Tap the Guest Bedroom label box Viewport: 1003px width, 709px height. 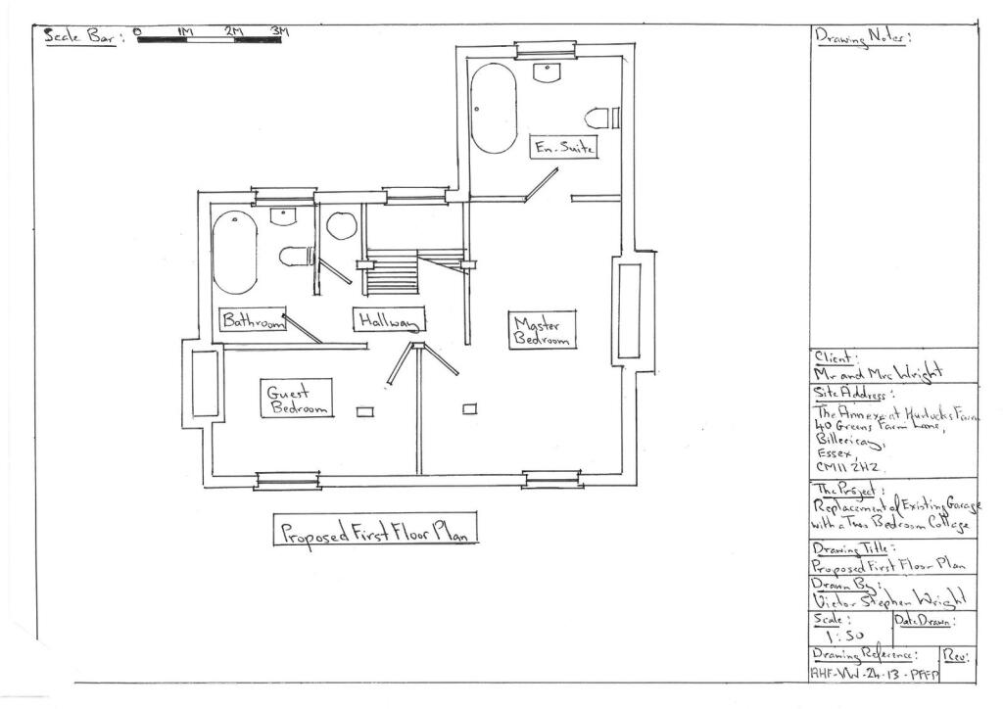297,400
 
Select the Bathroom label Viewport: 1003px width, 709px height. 252,320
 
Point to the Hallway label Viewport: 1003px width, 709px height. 389,320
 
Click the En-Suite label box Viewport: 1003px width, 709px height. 563,147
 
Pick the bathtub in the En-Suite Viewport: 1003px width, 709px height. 493,108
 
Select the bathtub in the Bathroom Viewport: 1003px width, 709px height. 235,252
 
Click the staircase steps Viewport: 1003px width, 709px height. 392,273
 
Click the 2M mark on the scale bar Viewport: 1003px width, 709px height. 234,32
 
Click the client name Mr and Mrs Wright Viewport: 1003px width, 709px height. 878,372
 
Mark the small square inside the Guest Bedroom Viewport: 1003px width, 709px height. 364,411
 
